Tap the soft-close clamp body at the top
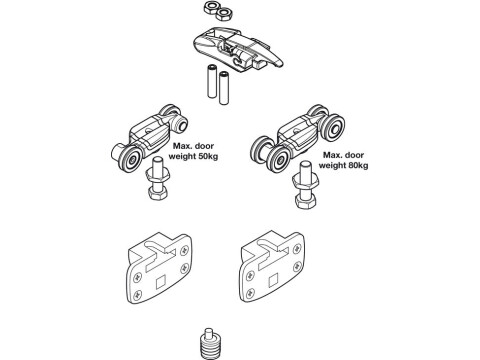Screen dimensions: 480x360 (x=238, y=49)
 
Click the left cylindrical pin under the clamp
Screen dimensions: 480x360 (x=212, y=82)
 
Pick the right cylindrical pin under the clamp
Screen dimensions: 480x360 (x=223, y=88)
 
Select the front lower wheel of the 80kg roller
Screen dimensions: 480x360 (x=278, y=159)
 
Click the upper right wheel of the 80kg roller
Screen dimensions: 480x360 (x=333, y=126)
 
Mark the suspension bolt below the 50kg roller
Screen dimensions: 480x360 (x=156, y=179)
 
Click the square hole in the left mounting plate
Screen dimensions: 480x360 (x=161, y=283)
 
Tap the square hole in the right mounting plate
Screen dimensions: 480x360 (x=273, y=280)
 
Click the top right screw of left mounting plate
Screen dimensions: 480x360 (x=185, y=251)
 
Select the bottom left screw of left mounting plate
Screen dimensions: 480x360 (x=137, y=295)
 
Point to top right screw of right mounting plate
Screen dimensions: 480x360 (x=296, y=248)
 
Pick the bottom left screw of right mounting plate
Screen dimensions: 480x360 (x=250, y=293)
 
